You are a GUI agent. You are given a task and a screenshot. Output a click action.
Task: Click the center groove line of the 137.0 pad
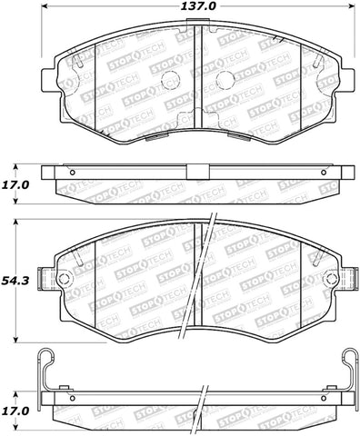pyautogui.click(x=198, y=86)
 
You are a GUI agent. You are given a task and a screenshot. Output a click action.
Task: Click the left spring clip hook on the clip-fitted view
pyautogui.click(x=40, y=363)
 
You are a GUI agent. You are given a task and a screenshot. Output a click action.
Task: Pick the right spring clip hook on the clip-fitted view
pyautogui.click(x=346, y=363)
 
